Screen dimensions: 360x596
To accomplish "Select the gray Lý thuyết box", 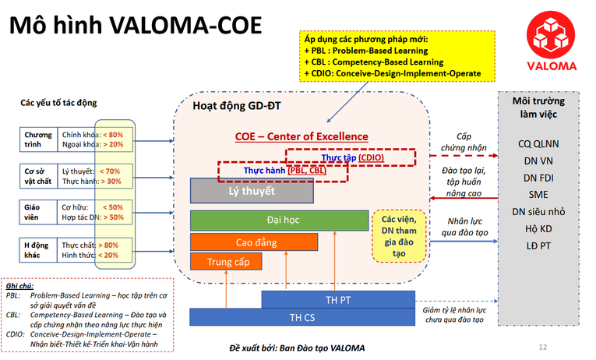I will click(x=251, y=190).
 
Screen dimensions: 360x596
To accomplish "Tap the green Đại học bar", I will click(x=277, y=221).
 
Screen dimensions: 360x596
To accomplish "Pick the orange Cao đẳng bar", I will click(x=254, y=242).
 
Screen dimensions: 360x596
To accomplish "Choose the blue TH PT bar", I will click(x=338, y=299).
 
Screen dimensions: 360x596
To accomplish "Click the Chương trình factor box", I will click(x=38, y=139).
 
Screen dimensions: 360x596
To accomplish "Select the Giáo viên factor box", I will click(x=38, y=213).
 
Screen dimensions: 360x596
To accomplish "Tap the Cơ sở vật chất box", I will click(x=38, y=175).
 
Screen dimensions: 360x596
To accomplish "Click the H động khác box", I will click(x=38, y=249).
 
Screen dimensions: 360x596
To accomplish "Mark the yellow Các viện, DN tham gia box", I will click(x=398, y=235).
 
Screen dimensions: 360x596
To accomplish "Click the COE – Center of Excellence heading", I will click(x=302, y=137).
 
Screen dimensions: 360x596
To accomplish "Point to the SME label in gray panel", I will click(x=538, y=195).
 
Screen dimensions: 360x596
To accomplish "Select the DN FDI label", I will click(x=538, y=178).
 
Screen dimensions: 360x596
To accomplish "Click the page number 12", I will click(x=542, y=347).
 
